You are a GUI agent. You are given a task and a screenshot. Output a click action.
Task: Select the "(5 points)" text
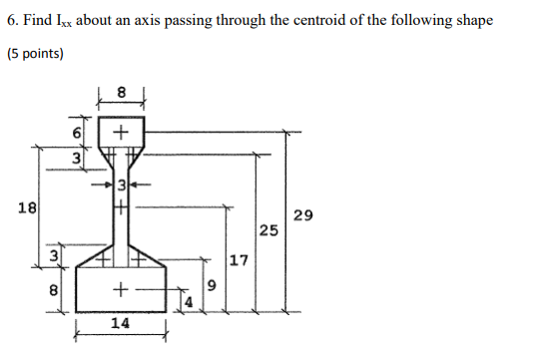(x=35, y=53)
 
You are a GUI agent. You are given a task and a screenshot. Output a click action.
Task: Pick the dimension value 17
(x=239, y=262)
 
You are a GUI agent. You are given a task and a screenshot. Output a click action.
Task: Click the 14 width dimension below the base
(x=119, y=324)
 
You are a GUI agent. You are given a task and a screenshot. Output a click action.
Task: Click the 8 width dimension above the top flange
(x=122, y=92)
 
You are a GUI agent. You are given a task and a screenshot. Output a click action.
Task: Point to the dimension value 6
(x=75, y=133)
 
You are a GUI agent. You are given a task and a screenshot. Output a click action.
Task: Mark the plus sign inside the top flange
(x=120, y=131)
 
